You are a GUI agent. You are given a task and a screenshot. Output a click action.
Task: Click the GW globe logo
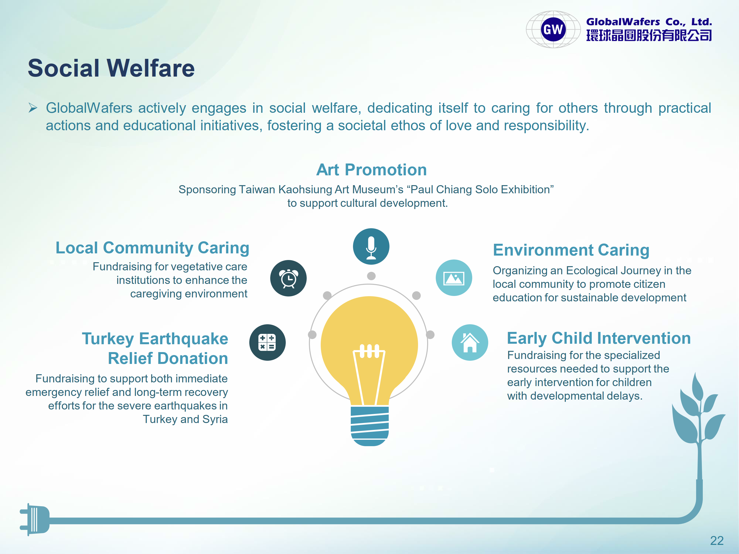click(553, 29)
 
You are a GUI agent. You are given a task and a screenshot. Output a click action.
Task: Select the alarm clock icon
click(288, 278)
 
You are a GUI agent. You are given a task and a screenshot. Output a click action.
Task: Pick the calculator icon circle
click(267, 342)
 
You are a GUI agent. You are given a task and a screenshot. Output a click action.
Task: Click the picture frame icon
click(454, 278)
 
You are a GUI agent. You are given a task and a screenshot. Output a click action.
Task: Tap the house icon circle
click(470, 342)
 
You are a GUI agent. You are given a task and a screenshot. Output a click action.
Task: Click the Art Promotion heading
click(371, 170)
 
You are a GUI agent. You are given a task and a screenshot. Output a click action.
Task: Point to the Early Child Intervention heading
click(599, 338)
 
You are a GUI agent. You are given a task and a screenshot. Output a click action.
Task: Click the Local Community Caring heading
click(152, 248)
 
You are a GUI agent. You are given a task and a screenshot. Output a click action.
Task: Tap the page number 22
click(717, 540)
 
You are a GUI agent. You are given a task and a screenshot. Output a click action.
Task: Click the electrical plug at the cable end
click(35, 520)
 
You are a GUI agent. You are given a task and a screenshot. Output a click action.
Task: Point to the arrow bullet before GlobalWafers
click(33, 108)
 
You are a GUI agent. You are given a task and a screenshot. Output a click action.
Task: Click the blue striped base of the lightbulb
click(369, 426)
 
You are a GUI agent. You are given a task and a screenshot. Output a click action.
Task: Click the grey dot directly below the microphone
click(371, 276)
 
